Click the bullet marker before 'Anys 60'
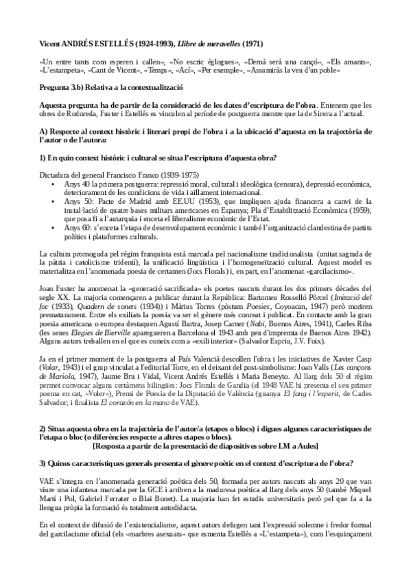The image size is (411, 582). pos(54,224)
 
